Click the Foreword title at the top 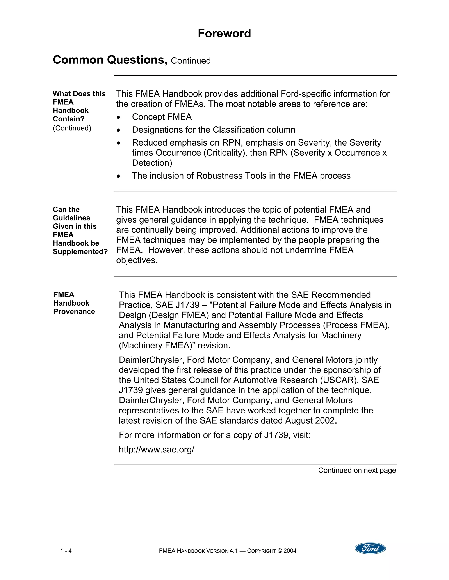(224, 33)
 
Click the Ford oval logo (370, 548)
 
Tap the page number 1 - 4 (66, 551)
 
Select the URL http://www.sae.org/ (156, 449)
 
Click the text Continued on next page (357, 470)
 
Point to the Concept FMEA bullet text (162, 117)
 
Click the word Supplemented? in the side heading (80, 251)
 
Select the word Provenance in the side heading (74, 311)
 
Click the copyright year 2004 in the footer (290, 551)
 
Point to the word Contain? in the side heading (69, 119)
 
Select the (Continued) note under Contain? (72, 128)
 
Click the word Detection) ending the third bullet (152, 163)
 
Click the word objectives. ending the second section (137, 260)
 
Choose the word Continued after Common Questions (191, 61)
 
